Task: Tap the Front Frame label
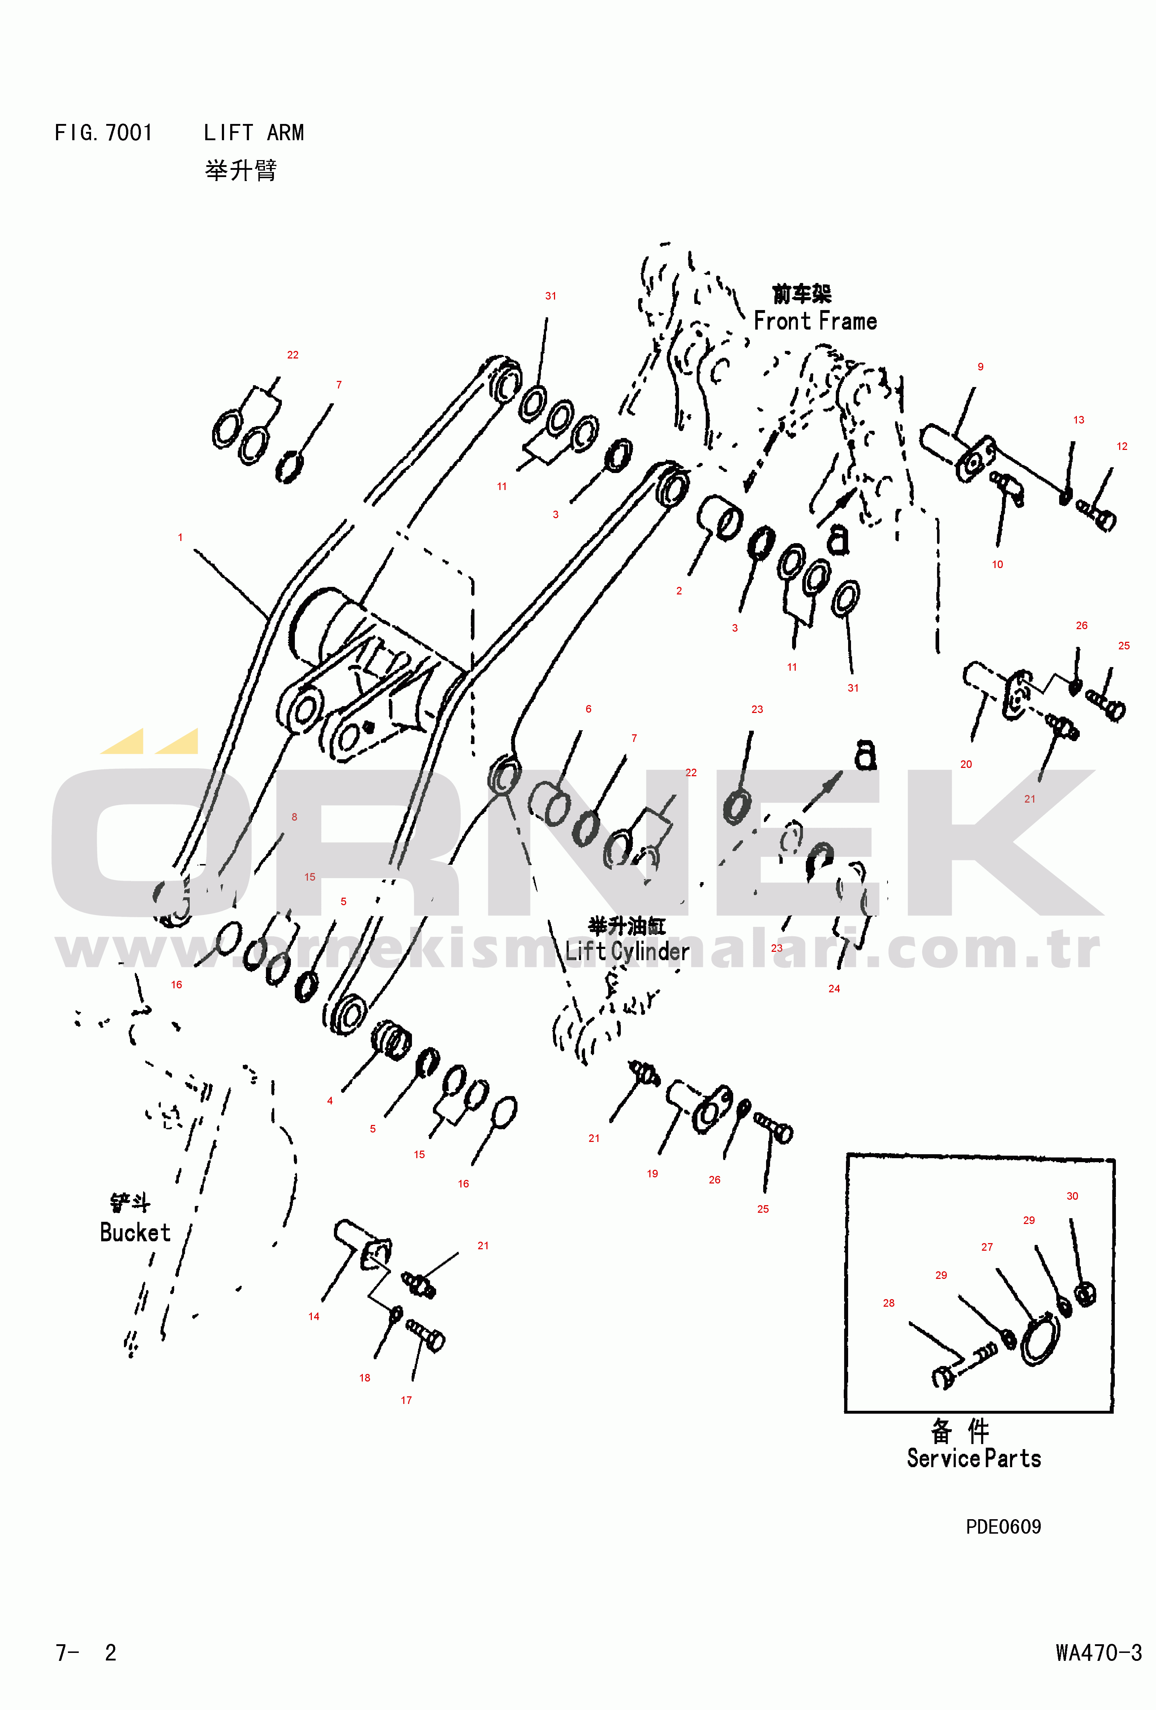tap(815, 322)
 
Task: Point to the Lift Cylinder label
tap(627, 951)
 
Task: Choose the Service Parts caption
tap(974, 1458)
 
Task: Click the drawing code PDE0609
tap(1003, 1527)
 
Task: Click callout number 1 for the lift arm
tap(180, 537)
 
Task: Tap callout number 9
tap(980, 366)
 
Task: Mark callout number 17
tap(406, 1400)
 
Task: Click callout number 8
tap(295, 817)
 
